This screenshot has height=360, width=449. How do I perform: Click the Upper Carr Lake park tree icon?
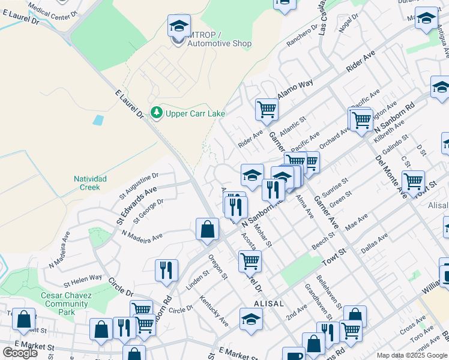tap(157, 112)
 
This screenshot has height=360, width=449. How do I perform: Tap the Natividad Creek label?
tap(90, 183)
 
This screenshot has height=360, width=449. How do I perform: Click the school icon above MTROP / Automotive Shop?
tap(179, 26)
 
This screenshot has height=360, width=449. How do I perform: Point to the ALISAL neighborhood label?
tap(268, 304)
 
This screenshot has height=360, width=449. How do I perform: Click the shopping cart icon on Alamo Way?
tap(267, 110)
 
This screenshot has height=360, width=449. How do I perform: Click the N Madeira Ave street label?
tap(142, 236)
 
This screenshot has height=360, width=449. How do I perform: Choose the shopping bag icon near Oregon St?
tap(207, 230)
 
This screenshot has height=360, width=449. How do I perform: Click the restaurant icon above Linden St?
tap(166, 270)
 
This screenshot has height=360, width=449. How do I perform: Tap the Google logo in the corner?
tap(20, 353)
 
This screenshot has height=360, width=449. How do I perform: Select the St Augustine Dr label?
tap(138, 185)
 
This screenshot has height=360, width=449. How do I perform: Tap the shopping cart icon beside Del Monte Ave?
tap(413, 181)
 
